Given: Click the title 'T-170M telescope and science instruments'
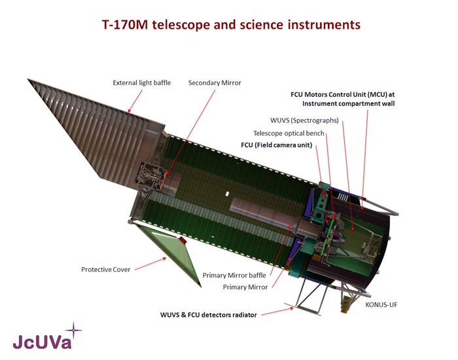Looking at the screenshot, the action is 231,25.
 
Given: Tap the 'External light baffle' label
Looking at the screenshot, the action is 142,82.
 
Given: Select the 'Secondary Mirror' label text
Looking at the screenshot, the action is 215,82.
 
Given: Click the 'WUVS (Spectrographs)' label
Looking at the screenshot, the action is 304,120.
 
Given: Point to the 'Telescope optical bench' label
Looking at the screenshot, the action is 289,134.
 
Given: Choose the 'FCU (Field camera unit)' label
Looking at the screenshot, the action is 276,145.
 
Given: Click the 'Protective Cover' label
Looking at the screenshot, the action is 106,270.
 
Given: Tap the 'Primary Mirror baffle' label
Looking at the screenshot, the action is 234,276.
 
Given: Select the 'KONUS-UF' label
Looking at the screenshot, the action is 381,305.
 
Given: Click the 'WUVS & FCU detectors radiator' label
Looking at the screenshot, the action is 209,315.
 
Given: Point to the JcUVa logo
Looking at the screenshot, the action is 43,342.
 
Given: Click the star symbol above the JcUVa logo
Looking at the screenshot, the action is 73,331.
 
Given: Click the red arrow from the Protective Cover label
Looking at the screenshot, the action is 150,264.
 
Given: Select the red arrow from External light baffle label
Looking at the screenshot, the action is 135,101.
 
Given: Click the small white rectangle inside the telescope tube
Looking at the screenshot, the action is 228,194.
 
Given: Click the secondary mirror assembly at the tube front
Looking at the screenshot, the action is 150,175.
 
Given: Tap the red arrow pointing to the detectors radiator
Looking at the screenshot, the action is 277,311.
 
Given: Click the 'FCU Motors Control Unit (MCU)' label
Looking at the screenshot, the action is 343,95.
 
